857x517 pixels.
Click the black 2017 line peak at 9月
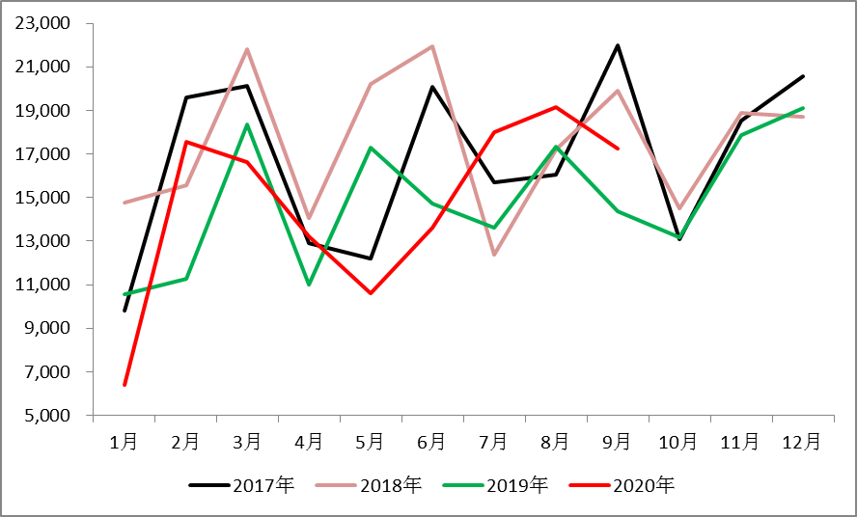click(x=617, y=45)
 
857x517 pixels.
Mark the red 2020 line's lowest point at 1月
click(x=124, y=385)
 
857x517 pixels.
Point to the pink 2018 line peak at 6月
click(x=432, y=46)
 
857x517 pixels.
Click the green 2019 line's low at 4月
click(x=309, y=285)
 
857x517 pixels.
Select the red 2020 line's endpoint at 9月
click(x=617, y=149)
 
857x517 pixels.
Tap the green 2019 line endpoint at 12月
click(x=802, y=108)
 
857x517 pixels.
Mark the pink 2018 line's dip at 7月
click(x=494, y=255)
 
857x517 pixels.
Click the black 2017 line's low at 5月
click(x=371, y=258)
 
